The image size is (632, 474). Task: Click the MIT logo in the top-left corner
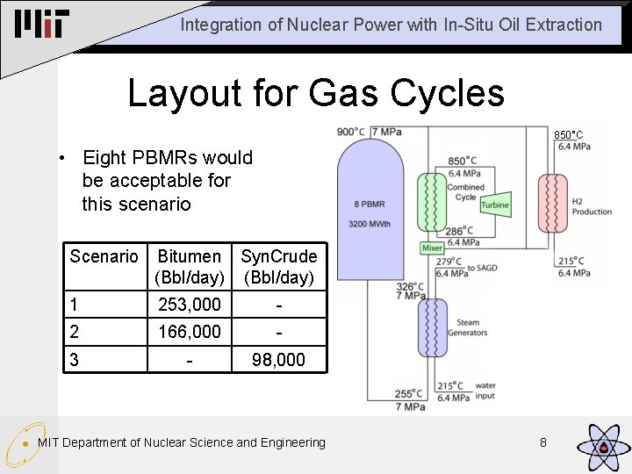41,25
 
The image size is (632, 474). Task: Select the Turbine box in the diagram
495,205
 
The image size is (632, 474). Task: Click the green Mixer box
433,248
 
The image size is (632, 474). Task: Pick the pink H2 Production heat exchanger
554,206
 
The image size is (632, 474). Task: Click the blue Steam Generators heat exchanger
433,327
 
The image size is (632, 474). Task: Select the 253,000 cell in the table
189,305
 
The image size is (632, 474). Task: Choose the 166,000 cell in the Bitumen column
189,332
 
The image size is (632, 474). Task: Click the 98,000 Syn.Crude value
278,360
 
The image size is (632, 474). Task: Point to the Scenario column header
104,256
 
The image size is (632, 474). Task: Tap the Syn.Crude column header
278,256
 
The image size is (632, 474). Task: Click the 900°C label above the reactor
352,132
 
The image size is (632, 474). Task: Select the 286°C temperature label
462,232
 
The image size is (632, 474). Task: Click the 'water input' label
485,391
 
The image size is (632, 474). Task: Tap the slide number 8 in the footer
543,442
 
